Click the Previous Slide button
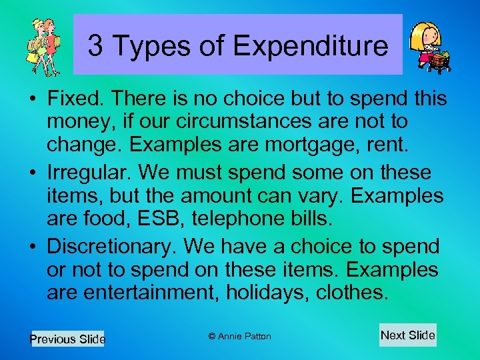point(67,339)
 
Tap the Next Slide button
point(407,335)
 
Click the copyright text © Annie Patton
point(239,336)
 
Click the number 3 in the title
point(95,46)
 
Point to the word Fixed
point(73,99)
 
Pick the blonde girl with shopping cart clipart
point(429,47)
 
